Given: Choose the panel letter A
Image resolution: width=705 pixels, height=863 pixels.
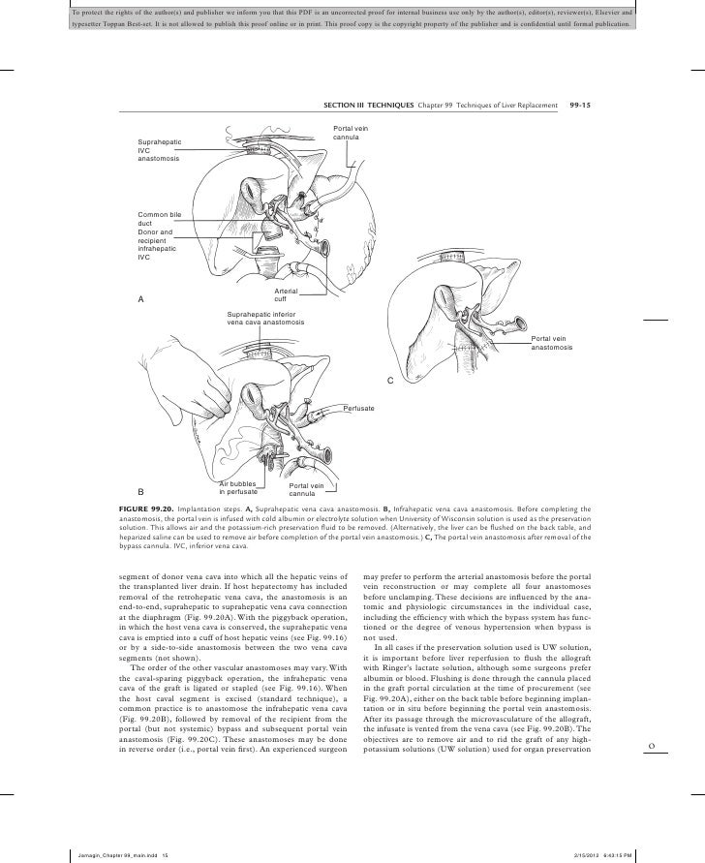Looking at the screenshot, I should point(140,298).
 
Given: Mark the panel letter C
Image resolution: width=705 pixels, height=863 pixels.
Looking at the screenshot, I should point(391,381).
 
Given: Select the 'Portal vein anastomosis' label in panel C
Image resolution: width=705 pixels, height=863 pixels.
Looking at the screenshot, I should point(553,342).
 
